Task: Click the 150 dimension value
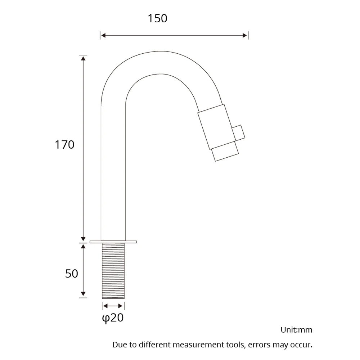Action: click(x=157, y=18)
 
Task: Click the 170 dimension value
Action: click(x=64, y=145)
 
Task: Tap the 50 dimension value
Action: click(x=72, y=274)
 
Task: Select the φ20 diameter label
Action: click(x=113, y=318)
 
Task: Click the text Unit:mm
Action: click(x=296, y=330)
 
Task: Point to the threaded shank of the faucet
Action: click(x=113, y=271)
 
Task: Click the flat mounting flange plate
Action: click(x=113, y=242)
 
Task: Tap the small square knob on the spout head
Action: click(x=238, y=132)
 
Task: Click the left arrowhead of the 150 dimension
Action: click(x=103, y=35)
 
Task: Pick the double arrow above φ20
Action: click(x=113, y=306)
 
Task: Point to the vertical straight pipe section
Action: click(x=113, y=173)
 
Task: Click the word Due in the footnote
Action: click(x=120, y=345)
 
